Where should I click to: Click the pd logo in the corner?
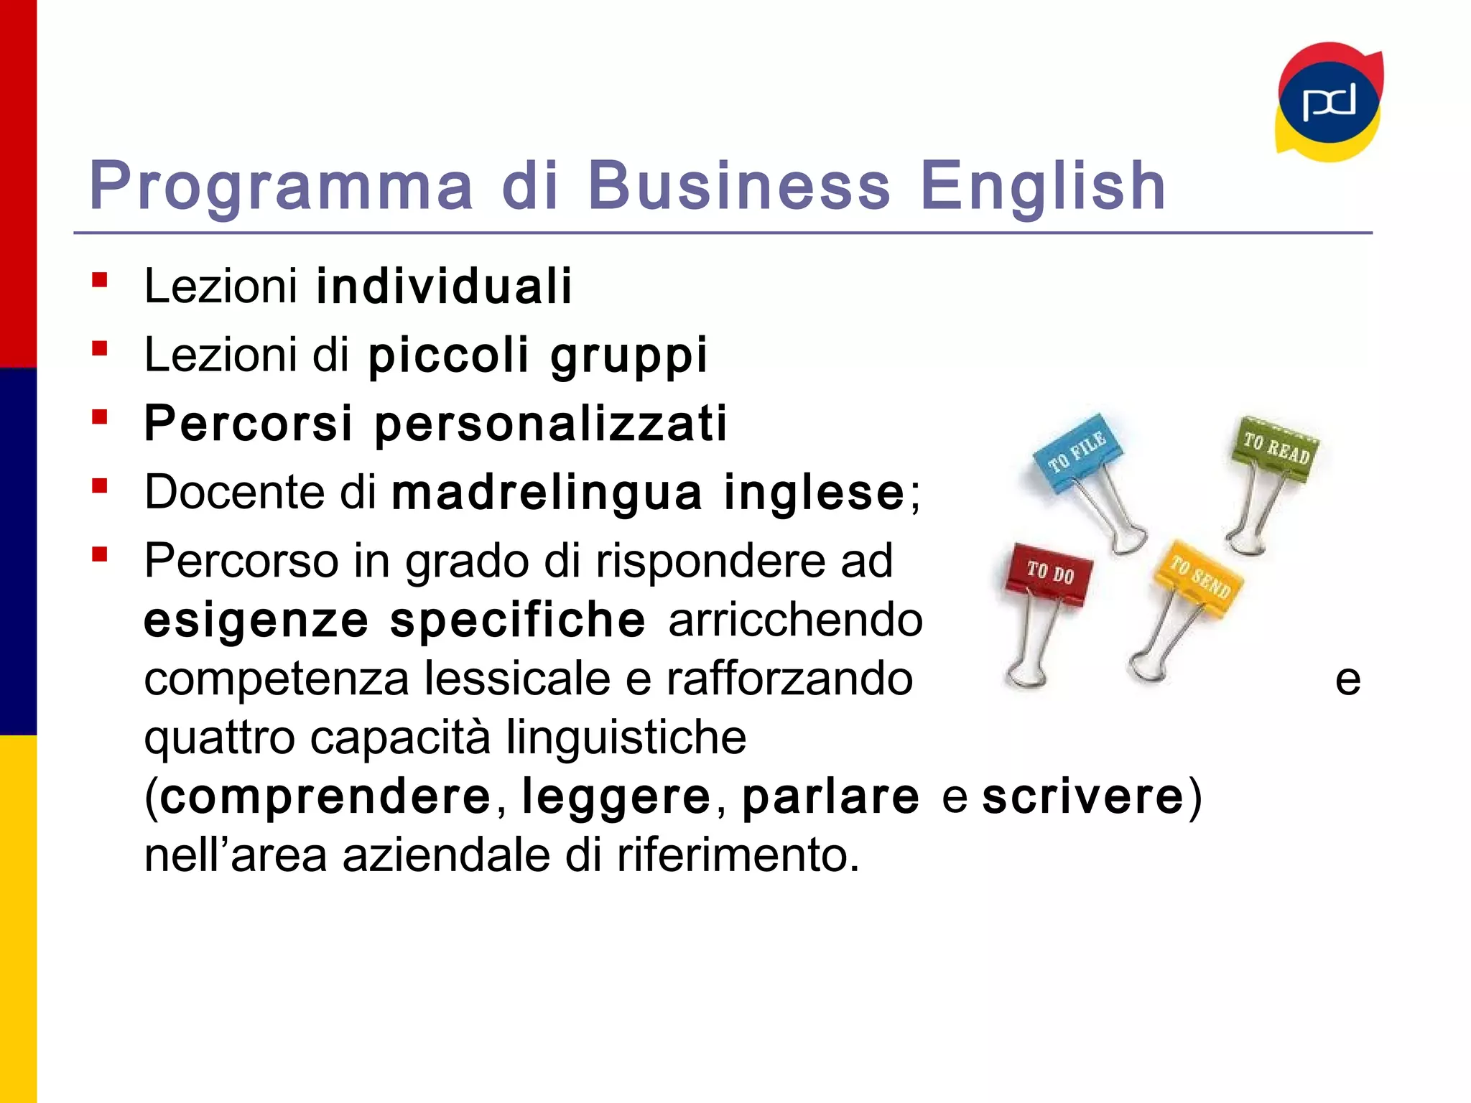1329,102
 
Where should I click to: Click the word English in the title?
1042,186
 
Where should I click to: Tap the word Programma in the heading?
281,186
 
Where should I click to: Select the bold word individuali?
444,286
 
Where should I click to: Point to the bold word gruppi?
629,355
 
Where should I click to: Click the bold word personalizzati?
551,423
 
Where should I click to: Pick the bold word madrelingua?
547,493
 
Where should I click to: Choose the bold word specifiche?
517,620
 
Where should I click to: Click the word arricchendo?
795,620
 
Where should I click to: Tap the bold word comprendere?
325,796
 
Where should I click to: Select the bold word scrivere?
1082,796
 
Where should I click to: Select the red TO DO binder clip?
1049,574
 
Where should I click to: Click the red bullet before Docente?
100,486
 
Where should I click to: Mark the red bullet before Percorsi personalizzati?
100,417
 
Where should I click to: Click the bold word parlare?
830,796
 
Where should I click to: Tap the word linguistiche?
626,737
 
